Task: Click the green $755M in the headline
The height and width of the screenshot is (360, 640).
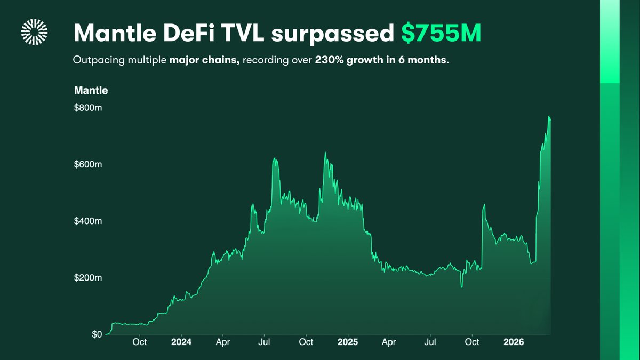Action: [x=441, y=33]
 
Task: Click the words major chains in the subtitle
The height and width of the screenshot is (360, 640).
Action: [x=204, y=60]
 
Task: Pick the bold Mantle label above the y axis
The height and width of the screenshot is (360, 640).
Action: [x=91, y=91]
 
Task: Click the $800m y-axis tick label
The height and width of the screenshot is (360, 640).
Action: [x=87, y=108]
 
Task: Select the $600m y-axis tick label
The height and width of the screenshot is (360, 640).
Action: [x=87, y=164]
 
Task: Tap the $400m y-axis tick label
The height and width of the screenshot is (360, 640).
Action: [x=87, y=221]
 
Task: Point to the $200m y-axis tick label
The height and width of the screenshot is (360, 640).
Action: [x=87, y=278]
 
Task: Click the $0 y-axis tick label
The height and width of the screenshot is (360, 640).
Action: [x=96, y=334]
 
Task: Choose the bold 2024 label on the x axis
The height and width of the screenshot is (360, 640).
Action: [x=181, y=341]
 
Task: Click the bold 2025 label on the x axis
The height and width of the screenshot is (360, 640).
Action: [x=347, y=341]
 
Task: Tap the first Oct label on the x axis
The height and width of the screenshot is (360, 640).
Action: [x=140, y=341]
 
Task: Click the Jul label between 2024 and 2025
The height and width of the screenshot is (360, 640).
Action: [x=265, y=341]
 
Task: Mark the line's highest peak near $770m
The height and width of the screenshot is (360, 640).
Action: [x=549, y=117]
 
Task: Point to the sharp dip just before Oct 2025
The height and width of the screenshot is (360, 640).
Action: [x=461, y=286]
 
